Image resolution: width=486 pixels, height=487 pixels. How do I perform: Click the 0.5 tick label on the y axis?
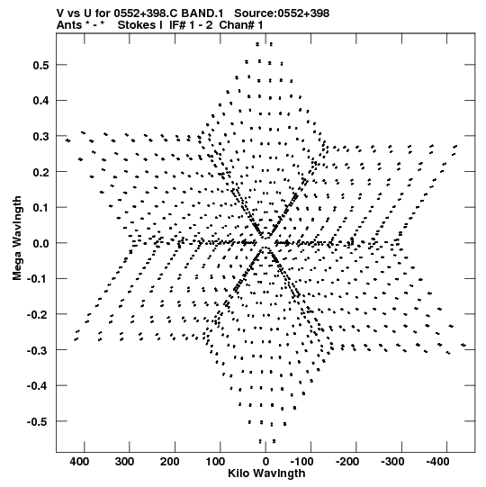coord(41,65)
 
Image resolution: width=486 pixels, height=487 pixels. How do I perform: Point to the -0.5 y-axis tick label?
coord(38,422)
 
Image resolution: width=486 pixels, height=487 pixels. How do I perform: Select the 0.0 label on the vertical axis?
coord(41,243)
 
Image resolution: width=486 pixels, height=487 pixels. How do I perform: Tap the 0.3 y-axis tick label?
coord(41,137)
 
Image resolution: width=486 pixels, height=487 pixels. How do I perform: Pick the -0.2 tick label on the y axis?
coord(38,315)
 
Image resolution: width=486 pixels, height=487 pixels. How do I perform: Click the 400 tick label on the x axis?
coord(79,462)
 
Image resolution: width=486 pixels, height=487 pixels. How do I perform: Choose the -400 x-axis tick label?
coord(438,462)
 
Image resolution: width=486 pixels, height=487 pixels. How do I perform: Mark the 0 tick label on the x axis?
coord(265,462)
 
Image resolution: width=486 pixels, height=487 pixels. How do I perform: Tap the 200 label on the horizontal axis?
coord(169,462)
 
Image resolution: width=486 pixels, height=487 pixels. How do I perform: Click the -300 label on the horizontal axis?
coord(392,462)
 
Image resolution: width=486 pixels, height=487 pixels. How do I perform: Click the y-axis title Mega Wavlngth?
coord(17,239)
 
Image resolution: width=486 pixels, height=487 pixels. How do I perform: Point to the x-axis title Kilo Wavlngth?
coord(266,473)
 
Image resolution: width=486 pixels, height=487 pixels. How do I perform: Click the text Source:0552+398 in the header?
coord(282,14)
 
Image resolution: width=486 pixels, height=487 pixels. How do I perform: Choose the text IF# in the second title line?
coord(177,25)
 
